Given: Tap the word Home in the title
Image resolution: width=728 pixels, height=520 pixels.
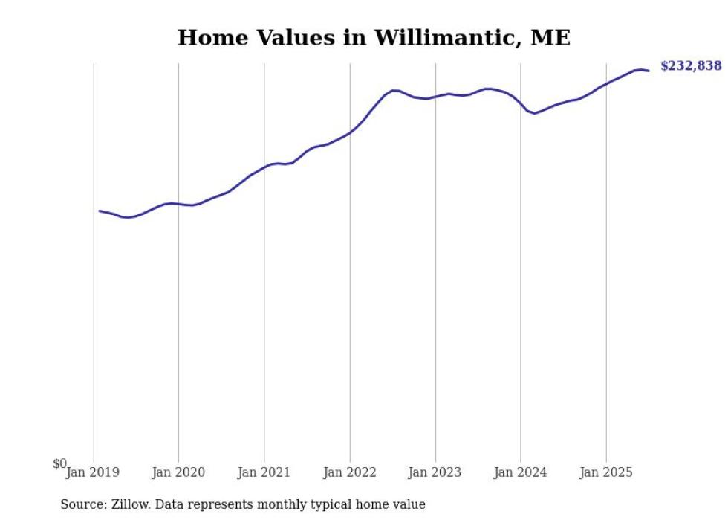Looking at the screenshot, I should pyautogui.click(x=209, y=38).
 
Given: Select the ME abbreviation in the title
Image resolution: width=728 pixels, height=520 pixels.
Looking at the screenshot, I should pyautogui.click(x=550, y=38).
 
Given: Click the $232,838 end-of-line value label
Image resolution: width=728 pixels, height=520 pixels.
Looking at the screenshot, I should pyautogui.click(x=690, y=66).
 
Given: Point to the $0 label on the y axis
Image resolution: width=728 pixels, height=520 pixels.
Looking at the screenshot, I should pyautogui.click(x=59, y=463).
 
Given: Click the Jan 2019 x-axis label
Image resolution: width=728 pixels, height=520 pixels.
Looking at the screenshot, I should pyautogui.click(x=93, y=472).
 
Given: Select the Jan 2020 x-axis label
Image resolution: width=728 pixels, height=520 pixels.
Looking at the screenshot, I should pyautogui.click(x=178, y=472).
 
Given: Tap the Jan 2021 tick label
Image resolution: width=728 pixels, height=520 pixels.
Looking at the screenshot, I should pyautogui.click(x=264, y=472).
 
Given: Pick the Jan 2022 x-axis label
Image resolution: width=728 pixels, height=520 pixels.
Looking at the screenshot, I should pyautogui.click(x=350, y=472).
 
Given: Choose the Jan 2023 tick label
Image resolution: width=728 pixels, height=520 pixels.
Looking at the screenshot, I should pyautogui.click(x=435, y=472).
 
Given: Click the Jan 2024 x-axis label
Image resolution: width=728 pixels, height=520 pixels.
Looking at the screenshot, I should pyautogui.click(x=521, y=472).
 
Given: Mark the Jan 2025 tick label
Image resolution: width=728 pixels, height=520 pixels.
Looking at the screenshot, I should pyautogui.click(x=606, y=472).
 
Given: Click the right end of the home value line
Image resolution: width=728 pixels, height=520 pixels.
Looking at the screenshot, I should pyautogui.click(x=649, y=71).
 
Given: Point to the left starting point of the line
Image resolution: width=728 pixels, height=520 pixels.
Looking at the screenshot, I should pyautogui.click(x=100, y=211).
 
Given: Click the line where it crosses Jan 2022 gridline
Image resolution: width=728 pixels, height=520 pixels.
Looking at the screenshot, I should pyautogui.click(x=350, y=133).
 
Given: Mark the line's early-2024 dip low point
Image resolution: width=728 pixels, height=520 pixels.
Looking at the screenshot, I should pyautogui.click(x=534, y=113).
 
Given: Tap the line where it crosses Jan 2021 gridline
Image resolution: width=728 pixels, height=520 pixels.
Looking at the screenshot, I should pyautogui.click(x=264, y=168).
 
